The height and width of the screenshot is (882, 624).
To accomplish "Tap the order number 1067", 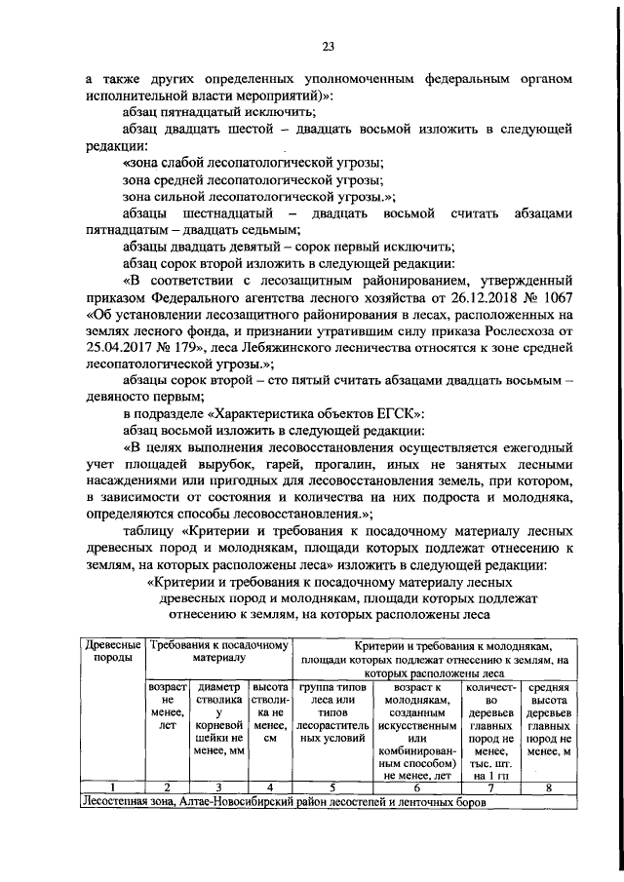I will [x=552, y=295].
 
